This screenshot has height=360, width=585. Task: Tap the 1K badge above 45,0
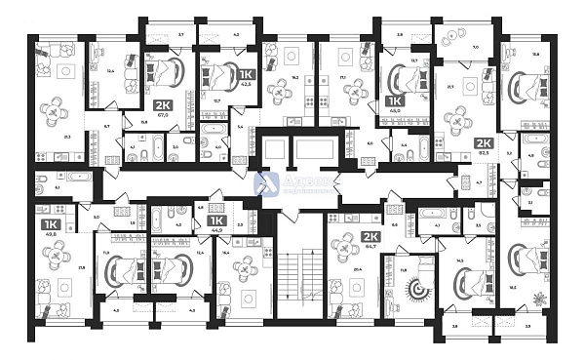click(395, 100)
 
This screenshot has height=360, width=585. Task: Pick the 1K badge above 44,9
click(217, 220)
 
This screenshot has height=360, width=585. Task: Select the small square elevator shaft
click(276, 149)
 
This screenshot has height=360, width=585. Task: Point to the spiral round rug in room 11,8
click(418, 288)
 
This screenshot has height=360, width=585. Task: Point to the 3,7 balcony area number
click(181, 33)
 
